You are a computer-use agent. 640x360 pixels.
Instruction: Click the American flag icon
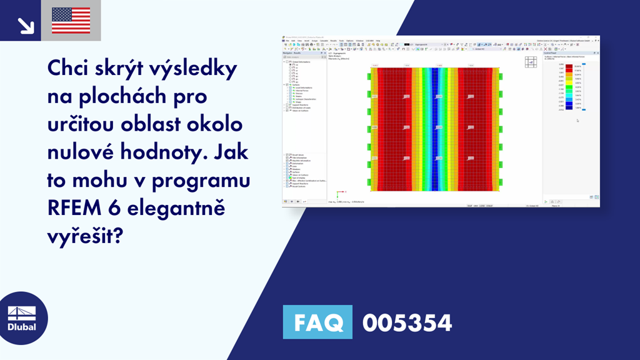71,20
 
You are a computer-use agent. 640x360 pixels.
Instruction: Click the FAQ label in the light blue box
317,322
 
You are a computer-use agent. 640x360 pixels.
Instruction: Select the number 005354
407,322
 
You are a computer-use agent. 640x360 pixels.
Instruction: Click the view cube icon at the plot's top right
531,62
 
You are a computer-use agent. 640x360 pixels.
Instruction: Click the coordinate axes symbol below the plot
338,194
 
